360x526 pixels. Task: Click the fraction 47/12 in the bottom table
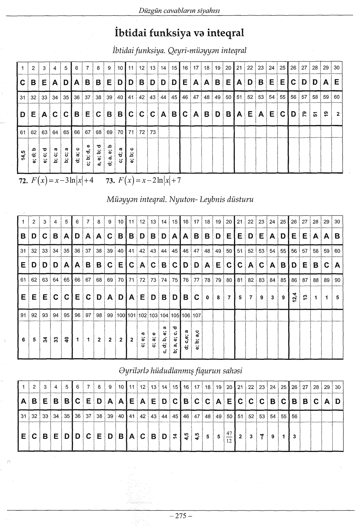point(229,437)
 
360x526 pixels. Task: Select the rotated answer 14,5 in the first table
point(23,156)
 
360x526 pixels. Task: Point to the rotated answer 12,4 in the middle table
point(294,297)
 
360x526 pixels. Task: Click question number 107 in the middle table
point(197,315)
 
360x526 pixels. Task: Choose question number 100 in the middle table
point(121,315)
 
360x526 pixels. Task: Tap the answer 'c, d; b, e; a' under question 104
point(164,340)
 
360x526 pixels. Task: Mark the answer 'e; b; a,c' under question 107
point(197,340)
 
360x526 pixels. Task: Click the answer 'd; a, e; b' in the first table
point(109,156)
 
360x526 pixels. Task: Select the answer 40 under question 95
point(66,340)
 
